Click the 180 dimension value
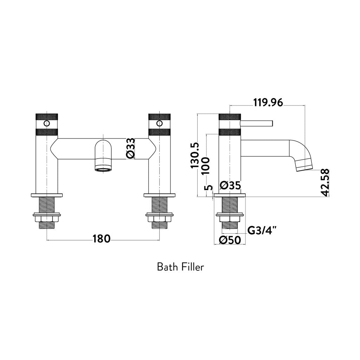[x=102, y=239]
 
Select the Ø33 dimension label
[x=130, y=148]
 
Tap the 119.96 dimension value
[x=268, y=102]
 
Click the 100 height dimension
[x=206, y=165]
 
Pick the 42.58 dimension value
[x=325, y=182]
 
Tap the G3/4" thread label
[x=262, y=230]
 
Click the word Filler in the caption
[x=193, y=267]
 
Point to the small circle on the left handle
[x=46, y=123]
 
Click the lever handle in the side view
[x=257, y=123]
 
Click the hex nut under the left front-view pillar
[x=46, y=220]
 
